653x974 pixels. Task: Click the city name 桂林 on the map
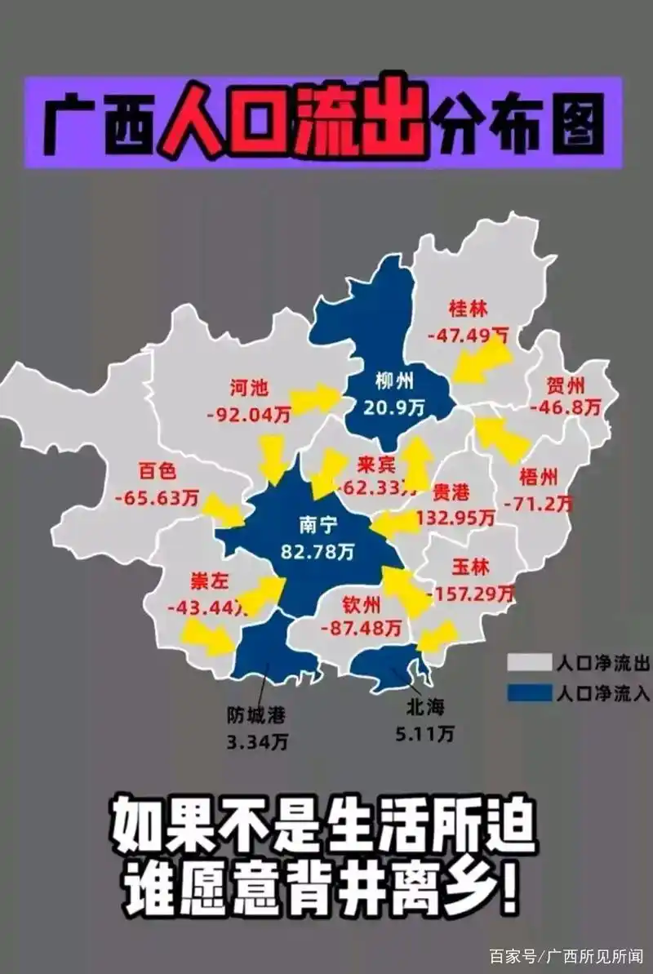pos(468,309)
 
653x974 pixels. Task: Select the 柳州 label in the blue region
pos(395,380)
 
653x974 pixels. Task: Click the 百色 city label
pos(158,471)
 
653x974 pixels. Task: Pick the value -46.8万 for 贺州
pos(565,404)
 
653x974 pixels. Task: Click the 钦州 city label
pos(362,605)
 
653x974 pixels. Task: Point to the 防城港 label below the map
pos(257,715)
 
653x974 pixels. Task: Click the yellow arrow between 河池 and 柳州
pos(315,398)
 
